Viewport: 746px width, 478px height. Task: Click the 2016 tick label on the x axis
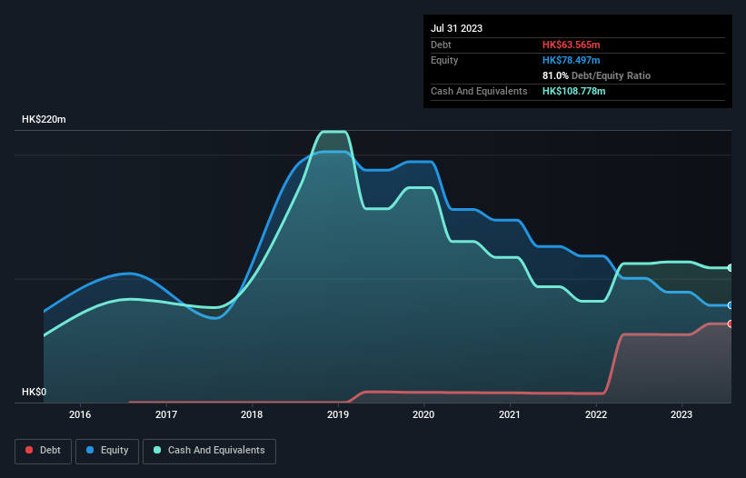pos(80,415)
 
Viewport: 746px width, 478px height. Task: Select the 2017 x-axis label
pos(166,415)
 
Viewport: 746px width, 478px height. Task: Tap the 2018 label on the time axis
pos(252,415)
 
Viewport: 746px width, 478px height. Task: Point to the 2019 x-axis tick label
pos(338,415)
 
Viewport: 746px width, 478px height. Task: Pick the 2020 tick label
pos(423,415)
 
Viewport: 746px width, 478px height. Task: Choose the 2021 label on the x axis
pos(510,415)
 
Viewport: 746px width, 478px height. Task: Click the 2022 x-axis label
pos(596,415)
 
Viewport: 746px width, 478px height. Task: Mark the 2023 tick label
pos(681,415)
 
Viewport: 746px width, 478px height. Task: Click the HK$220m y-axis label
pos(44,120)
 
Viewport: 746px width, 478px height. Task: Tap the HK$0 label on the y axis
pos(35,392)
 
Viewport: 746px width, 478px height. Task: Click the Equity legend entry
pos(107,450)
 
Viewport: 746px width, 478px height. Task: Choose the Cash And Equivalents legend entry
pos(209,450)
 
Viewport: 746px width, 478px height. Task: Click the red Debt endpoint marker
pos(731,324)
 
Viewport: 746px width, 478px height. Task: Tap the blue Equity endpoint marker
pos(731,305)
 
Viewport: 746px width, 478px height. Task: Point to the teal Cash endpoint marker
pos(731,267)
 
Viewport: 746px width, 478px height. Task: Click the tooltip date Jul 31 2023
pos(457,28)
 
